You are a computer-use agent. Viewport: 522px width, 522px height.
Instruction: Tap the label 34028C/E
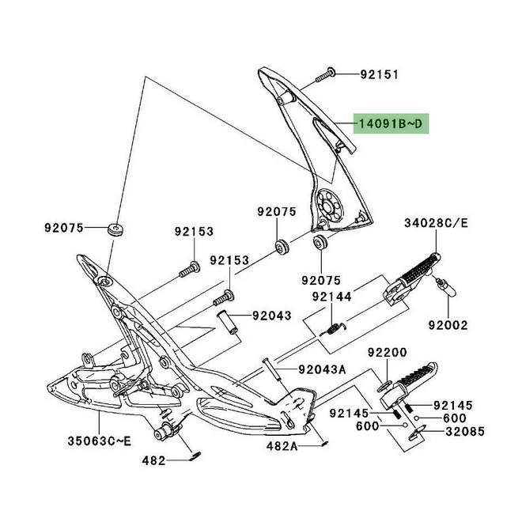[x=437, y=223]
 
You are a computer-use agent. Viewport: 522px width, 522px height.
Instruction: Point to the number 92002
[x=448, y=324]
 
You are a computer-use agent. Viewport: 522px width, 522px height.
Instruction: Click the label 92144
[x=334, y=296]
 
